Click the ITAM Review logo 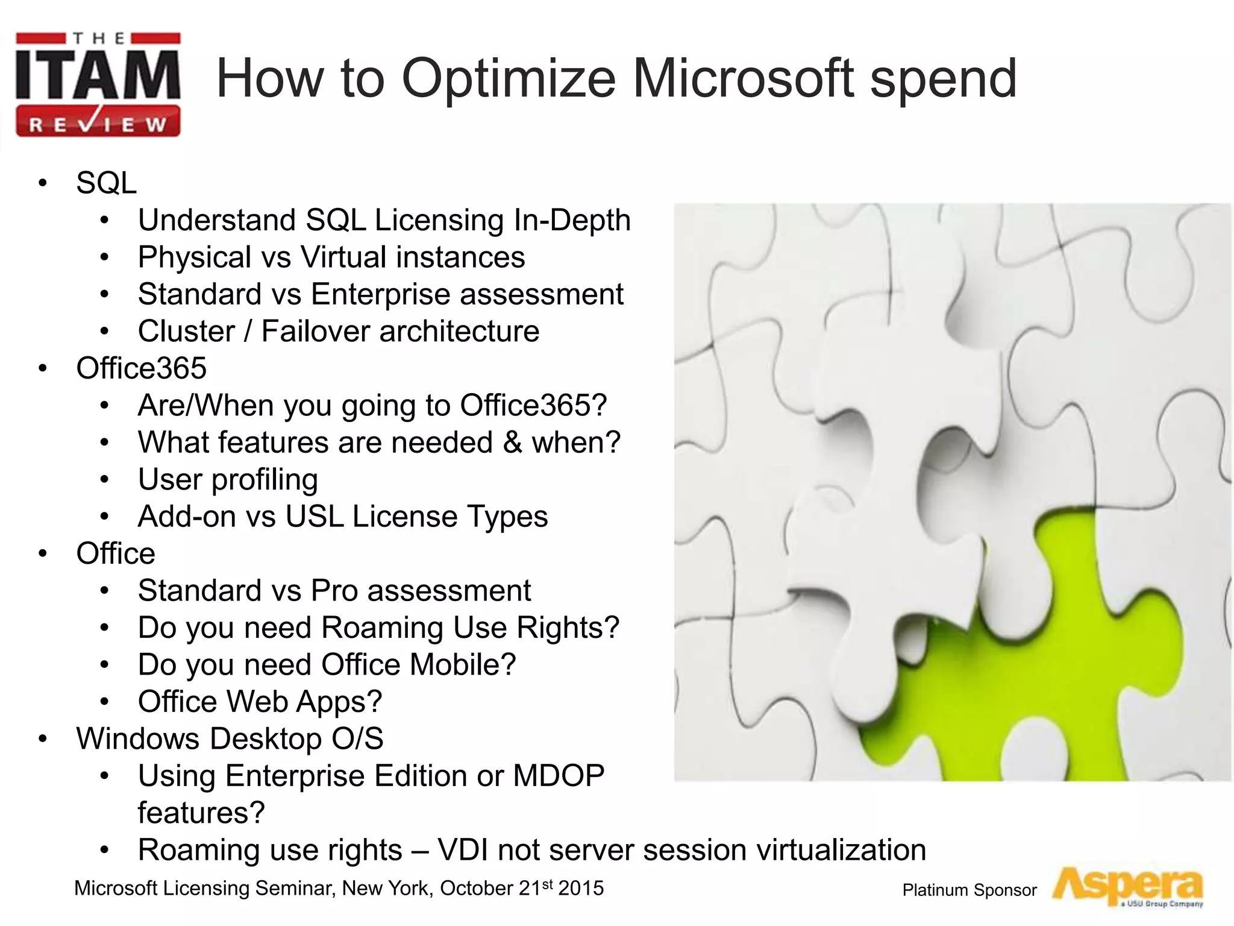tap(98, 84)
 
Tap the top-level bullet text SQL tap(107, 183)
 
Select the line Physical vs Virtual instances tap(331, 257)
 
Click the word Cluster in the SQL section tap(186, 332)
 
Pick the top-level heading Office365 tap(141, 368)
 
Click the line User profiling tap(227, 480)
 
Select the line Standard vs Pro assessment tap(334, 591)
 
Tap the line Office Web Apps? tap(260, 702)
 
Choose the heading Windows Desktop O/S tap(230, 739)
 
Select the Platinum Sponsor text tap(969, 890)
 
